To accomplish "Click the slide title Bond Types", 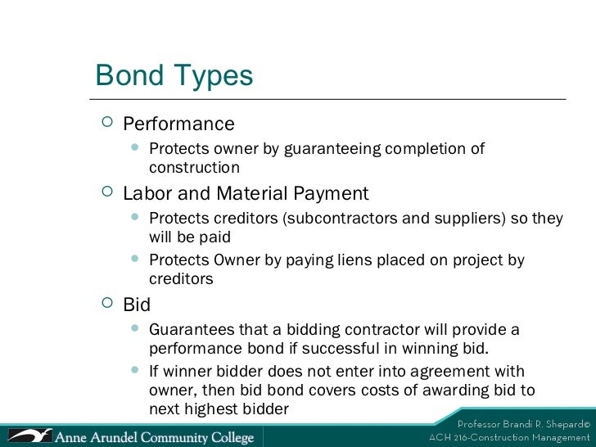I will (174, 76).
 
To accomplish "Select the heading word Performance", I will (178, 124).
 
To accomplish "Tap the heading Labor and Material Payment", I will (246, 194).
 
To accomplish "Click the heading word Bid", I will (137, 305).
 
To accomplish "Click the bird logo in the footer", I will (28, 433).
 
